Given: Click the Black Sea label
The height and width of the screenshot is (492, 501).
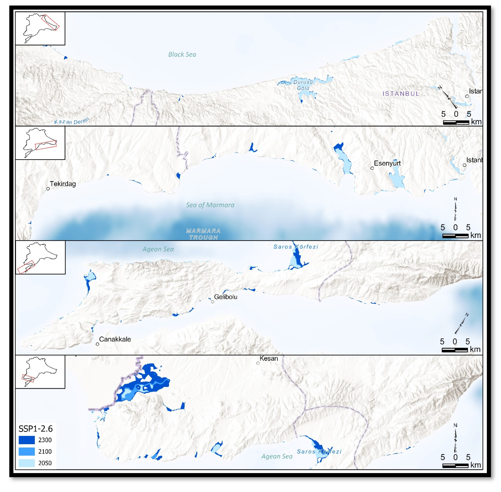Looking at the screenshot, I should pos(182,54).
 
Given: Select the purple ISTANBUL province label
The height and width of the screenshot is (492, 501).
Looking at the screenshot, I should pos(401,94).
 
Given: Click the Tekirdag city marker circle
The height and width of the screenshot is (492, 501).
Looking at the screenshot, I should pos(48,189).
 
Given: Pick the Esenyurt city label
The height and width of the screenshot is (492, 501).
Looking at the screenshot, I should pos(387,163).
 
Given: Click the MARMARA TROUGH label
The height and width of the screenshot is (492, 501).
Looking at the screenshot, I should pos(203,234).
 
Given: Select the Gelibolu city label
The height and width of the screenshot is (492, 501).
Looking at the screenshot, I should pos(225,297).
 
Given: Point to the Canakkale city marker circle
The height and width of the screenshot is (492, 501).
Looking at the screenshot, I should pos(97,344).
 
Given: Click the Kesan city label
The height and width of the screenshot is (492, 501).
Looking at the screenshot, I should pos(269,359).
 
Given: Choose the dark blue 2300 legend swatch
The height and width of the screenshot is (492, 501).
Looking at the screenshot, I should pos(27,440).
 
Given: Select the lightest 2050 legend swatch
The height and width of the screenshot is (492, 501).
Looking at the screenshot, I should pos(27,463).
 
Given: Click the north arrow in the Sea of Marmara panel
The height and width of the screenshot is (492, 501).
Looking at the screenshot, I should pos(455,209).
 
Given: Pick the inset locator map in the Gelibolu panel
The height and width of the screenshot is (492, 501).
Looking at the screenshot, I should pos(40,258).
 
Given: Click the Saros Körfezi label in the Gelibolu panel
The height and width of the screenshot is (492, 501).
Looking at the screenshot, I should pos(296,247).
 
